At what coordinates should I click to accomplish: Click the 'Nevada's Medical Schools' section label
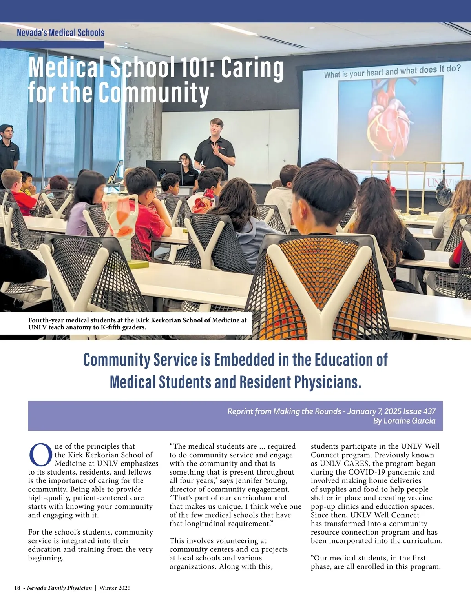pos(60,33)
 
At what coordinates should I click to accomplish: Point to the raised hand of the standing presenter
pos(215,149)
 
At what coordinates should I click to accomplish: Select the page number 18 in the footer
pos(17,588)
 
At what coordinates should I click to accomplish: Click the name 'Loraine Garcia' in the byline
pos(412,421)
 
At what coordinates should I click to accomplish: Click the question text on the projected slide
pos(392,71)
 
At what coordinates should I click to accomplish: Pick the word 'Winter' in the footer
pos(109,588)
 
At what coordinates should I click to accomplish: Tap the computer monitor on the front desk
pos(164,169)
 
